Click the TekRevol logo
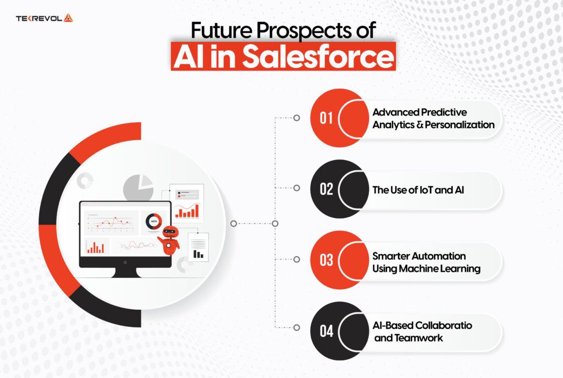(x=45, y=18)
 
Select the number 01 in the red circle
(x=327, y=118)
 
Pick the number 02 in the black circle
(x=327, y=189)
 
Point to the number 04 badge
(x=327, y=331)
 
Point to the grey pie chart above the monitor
(x=138, y=188)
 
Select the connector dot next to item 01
(x=297, y=118)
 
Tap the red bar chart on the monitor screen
(x=96, y=247)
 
